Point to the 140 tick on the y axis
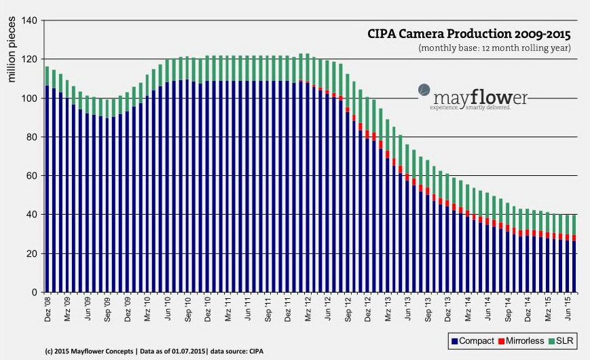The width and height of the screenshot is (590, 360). click(30, 20)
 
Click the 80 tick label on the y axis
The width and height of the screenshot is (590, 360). click(32, 137)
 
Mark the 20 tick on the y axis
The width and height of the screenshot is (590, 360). click(32, 254)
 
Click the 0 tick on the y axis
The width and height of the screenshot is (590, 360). click(35, 293)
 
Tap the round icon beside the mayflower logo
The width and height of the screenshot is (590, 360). click(422, 89)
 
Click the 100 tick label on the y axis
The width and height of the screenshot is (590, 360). click(30, 98)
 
